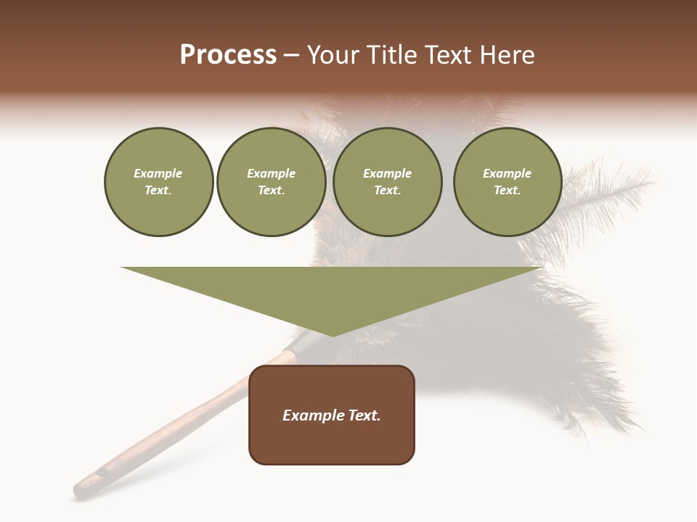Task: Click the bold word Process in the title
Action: click(228, 55)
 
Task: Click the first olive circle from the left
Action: click(158, 182)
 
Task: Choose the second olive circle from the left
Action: click(271, 182)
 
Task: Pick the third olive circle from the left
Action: click(387, 182)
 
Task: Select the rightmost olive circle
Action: click(507, 182)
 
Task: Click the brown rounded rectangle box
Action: click(332, 415)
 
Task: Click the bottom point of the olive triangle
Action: click(333, 336)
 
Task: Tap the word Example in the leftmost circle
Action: click(158, 173)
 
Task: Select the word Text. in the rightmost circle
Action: click(507, 191)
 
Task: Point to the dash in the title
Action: click(291, 56)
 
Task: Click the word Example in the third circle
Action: click(387, 173)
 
